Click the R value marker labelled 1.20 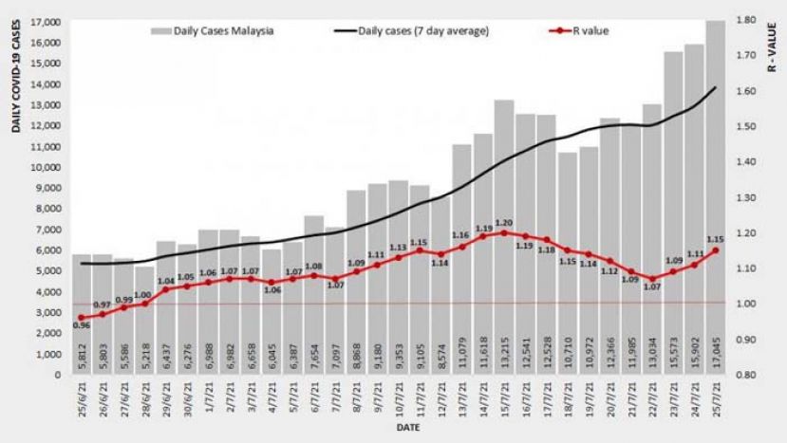(504, 232)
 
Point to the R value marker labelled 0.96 (82, 318)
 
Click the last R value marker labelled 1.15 (715, 250)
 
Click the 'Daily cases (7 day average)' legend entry (412, 30)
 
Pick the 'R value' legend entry (579, 30)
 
